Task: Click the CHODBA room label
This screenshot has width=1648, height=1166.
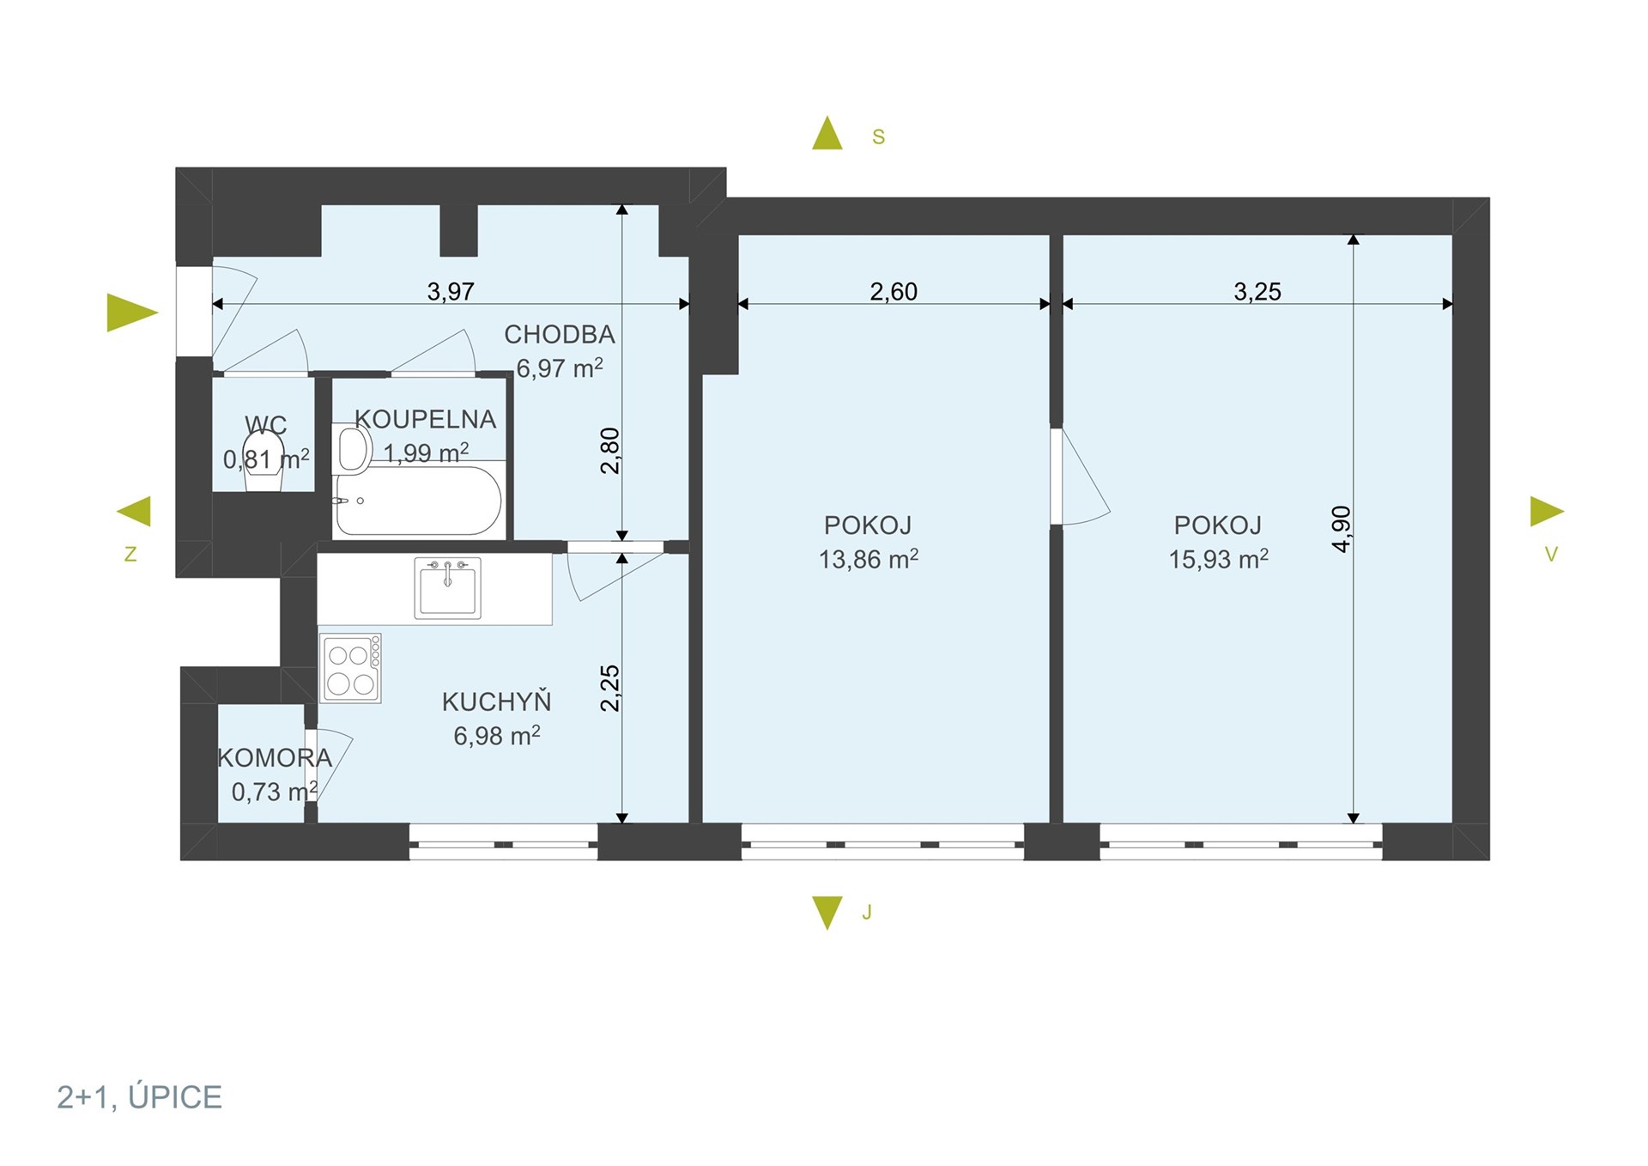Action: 560,334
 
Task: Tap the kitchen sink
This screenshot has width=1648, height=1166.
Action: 447,588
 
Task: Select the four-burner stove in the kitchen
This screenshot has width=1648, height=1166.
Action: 351,669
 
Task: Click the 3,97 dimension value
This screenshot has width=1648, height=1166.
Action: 451,292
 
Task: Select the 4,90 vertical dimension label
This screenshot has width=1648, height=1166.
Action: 1342,529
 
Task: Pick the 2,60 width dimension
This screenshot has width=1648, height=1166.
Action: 894,292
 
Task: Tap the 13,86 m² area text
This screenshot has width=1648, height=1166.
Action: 869,560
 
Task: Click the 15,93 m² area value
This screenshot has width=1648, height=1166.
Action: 1218,560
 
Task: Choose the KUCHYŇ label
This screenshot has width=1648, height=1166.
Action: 497,701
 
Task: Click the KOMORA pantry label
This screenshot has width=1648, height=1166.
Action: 275,758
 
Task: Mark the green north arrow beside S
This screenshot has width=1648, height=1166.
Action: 827,133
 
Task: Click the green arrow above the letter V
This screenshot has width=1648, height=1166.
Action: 1547,512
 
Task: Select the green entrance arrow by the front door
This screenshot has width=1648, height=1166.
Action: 132,313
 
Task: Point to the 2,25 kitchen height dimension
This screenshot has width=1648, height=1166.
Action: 610,689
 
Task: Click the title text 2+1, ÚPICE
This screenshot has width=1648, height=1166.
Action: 140,1097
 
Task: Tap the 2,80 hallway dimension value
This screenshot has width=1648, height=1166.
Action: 610,451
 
